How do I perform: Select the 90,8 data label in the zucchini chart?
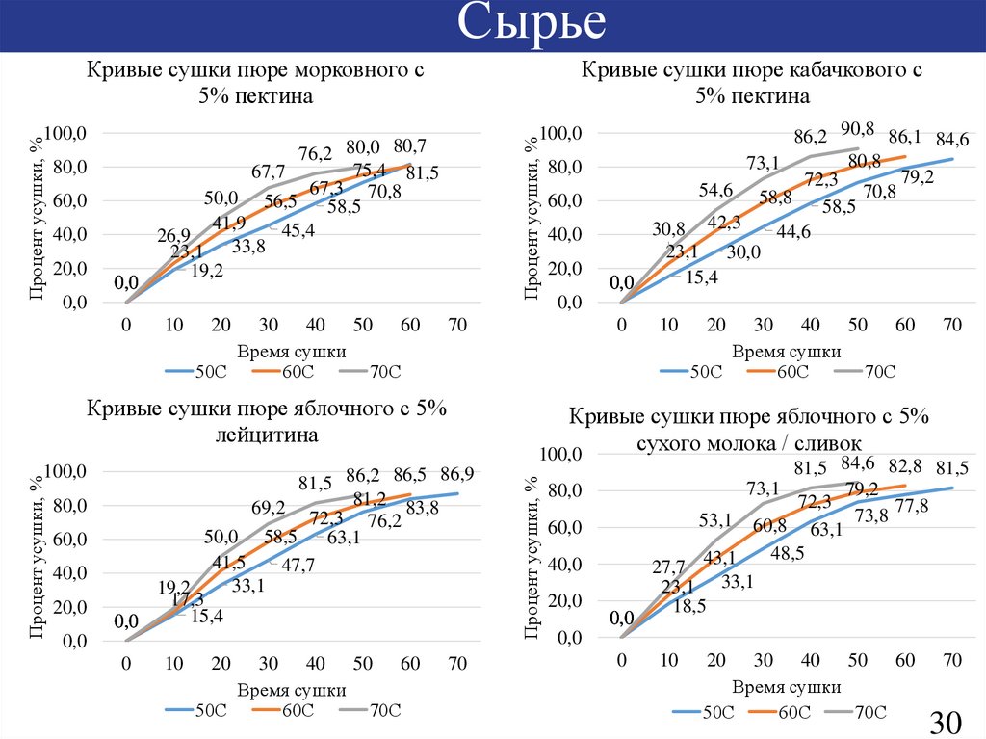pos(857,128)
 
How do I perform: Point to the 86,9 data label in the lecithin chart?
pos(456,474)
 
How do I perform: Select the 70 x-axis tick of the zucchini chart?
pos(952,326)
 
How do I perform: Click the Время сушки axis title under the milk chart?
pos(786,687)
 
